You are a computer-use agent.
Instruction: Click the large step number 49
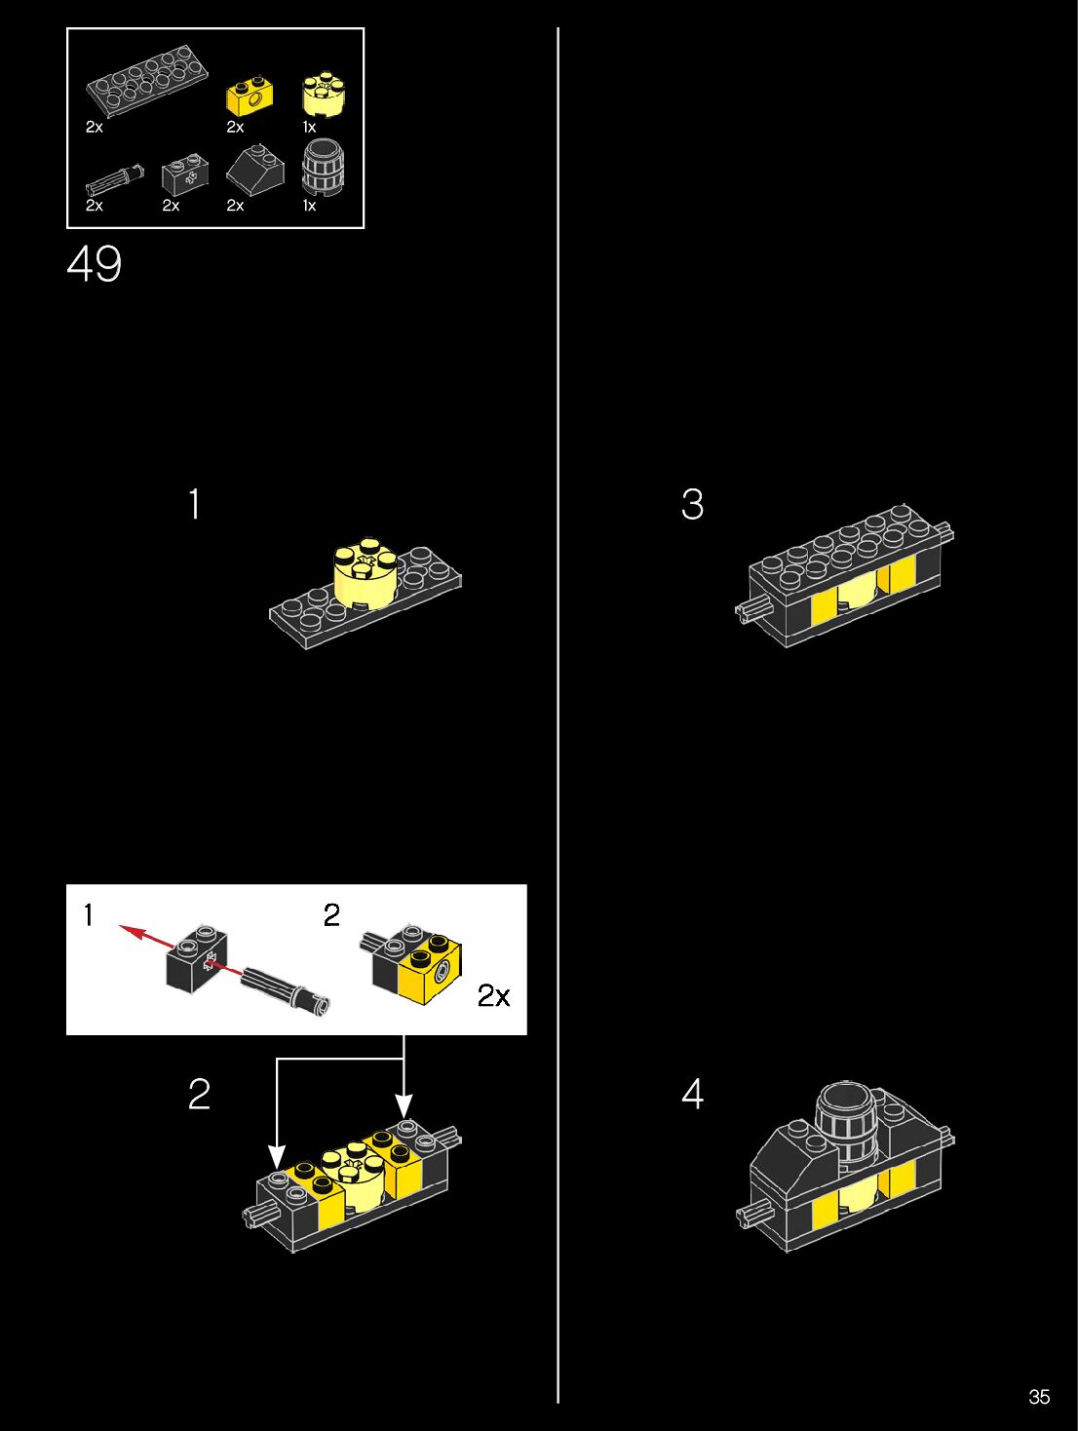(x=94, y=264)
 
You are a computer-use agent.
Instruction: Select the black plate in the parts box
(x=147, y=81)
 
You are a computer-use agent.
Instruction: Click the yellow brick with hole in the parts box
(x=250, y=97)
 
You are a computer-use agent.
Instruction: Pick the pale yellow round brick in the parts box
(x=324, y=96)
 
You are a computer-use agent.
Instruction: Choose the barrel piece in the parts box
(x=323, y=167)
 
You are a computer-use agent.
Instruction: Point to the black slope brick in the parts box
(x=255, y=171)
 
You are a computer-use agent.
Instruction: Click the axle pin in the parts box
(x=115, y=179)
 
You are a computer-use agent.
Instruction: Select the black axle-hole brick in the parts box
(x=185, y=174)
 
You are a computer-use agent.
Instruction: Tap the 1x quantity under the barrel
(x=309, y=206)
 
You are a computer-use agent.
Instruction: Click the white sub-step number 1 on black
(x=194, y=504)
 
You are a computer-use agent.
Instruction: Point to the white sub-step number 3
(x=692, y=504)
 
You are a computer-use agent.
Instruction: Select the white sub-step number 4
(x=692, y=1094)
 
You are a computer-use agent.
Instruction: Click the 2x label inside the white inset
(x=493, y=995)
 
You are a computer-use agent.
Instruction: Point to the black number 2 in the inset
(x=331, y=914)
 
